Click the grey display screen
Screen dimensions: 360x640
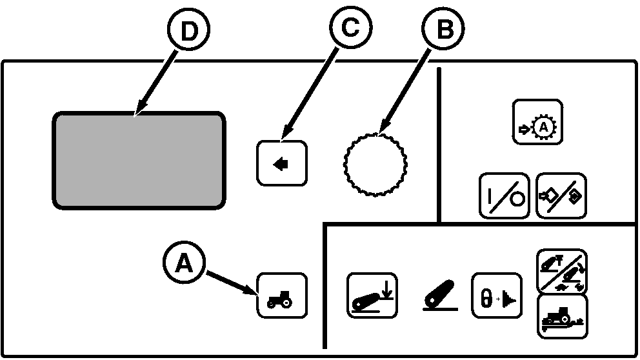point(139,160)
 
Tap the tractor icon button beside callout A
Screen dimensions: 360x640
point(282,296)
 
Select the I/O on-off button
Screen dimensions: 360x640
point(504,195)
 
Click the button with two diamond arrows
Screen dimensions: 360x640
point(561,195)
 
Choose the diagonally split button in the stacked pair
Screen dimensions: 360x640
point(562,271)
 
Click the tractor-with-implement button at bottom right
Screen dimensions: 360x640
point(562,317)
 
